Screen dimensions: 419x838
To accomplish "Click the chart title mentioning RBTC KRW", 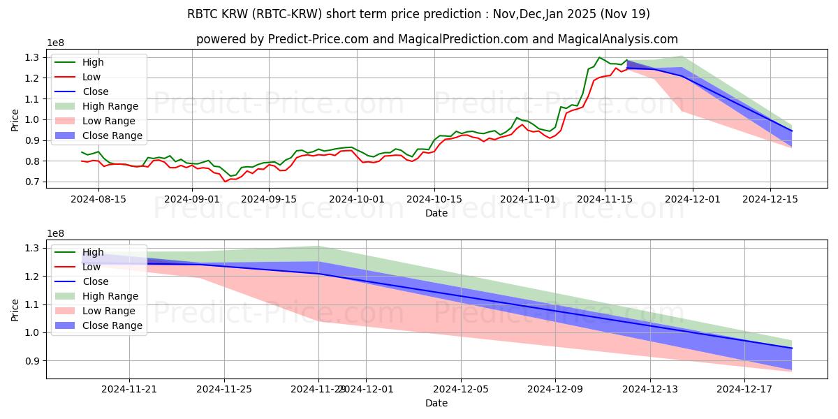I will (419, 14).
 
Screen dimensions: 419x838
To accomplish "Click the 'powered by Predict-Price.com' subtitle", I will (436, 40).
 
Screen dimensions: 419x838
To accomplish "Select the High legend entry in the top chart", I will (93, 62).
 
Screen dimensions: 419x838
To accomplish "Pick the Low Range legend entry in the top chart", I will (110, 121).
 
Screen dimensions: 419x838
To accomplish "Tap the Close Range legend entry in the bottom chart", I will (112, 325).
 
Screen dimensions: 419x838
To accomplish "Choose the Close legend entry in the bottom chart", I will (96, 281).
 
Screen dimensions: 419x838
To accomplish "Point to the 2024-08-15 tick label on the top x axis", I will (98, 199).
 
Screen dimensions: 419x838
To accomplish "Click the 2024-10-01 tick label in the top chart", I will (357, 199).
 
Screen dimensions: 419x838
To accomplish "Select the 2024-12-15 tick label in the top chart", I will (770, 199).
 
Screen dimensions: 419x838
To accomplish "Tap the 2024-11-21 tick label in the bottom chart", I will (129, 389).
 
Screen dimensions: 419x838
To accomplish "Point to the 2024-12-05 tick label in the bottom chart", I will (461, 389).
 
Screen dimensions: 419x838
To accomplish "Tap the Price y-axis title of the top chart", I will (15, 119).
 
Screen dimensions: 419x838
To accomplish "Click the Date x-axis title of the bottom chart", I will (436, 403).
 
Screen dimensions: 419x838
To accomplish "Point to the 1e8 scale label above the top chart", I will (57, 43).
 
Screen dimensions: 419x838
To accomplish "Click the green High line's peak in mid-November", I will (599, 57).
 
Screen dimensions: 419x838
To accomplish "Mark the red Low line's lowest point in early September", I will (225, 182).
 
